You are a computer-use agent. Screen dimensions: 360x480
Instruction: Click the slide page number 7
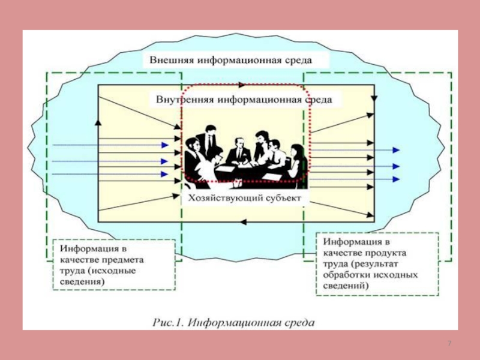coord(449,343)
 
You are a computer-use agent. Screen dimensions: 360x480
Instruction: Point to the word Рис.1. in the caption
coord(168,322)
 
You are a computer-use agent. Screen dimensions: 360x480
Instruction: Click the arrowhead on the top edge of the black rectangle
coord(241,85)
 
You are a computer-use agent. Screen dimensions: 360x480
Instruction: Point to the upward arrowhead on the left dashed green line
coord(97,122)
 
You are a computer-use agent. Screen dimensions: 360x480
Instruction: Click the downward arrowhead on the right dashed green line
coord(374,98)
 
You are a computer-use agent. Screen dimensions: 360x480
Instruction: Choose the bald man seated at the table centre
coord(238,150)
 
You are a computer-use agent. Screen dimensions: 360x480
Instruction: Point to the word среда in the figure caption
coord(298,322)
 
